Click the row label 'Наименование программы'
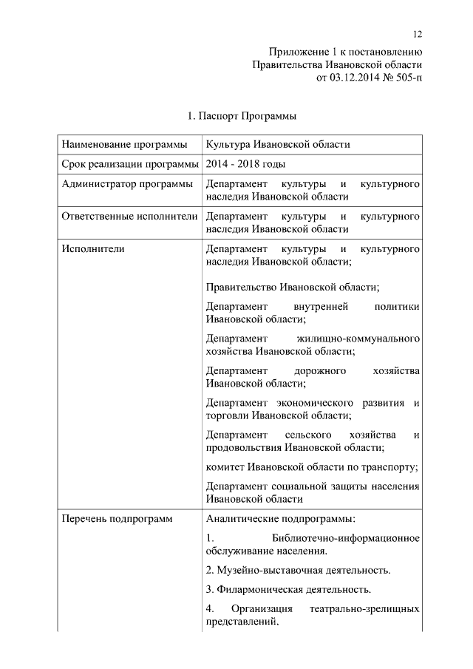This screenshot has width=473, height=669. [120, 144]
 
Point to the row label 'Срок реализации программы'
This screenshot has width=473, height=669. [130, 163]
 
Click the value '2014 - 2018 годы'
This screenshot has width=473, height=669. [246, 163]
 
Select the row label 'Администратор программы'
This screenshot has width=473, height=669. [127, 183]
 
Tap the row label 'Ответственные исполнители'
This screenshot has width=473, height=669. [129, 217]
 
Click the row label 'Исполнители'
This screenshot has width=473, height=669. [93, 250]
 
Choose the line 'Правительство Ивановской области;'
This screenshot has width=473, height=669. [293, 287]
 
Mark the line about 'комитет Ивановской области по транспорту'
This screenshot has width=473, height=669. [313, 467]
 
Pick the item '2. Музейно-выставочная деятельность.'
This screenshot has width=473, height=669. [298, 571]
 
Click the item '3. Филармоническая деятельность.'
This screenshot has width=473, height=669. [288, 590]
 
